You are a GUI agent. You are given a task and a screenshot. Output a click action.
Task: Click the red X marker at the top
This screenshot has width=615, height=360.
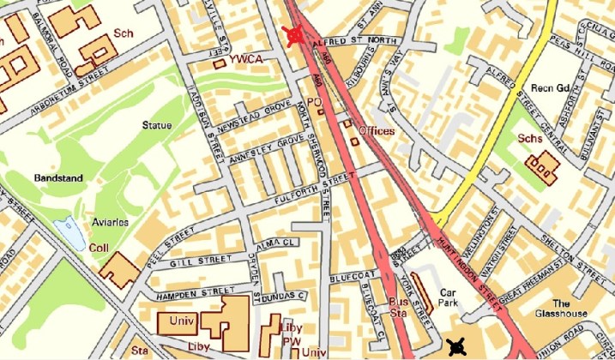click(x=295, y=34)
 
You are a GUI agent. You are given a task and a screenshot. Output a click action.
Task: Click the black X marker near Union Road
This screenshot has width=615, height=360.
click(x=456, y=346)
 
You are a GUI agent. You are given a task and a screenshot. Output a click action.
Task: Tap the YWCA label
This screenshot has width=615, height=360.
click(x=247, y=58)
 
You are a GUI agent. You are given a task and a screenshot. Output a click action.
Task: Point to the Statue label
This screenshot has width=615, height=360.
click(x=157, y=126)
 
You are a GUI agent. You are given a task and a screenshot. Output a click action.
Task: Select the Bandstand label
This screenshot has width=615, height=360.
click(x=56, y=177)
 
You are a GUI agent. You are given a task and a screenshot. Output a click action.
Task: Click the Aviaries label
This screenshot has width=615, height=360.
click(x=110, y=222)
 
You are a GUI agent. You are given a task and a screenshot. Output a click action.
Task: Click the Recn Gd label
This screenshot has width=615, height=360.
click(x=551, y=88)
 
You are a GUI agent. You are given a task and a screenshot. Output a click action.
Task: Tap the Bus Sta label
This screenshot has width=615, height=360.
click(x=398, y=309)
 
